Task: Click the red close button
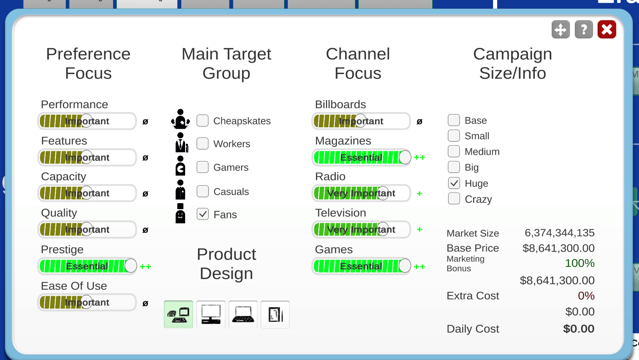point(607,30)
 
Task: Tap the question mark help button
point(584,30)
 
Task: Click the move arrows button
point(561,30)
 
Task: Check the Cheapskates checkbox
point(203,121)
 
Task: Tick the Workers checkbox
point(203,144)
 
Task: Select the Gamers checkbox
point(203,167)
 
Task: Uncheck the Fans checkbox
point(203,214)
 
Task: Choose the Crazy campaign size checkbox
point(454,199)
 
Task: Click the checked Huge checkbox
point(454,183)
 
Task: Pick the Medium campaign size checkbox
point(454,151)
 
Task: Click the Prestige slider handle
point(131,266)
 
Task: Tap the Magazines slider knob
point(405,157)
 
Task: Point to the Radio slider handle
point(383,193)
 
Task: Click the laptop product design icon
point(243,314)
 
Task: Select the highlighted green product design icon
point(178,314)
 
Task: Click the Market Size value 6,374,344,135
point(560,233)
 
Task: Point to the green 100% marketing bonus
point(580,263)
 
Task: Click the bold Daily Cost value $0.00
point(579,329)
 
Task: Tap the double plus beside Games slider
point(420,267)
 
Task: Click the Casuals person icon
point(180,190)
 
